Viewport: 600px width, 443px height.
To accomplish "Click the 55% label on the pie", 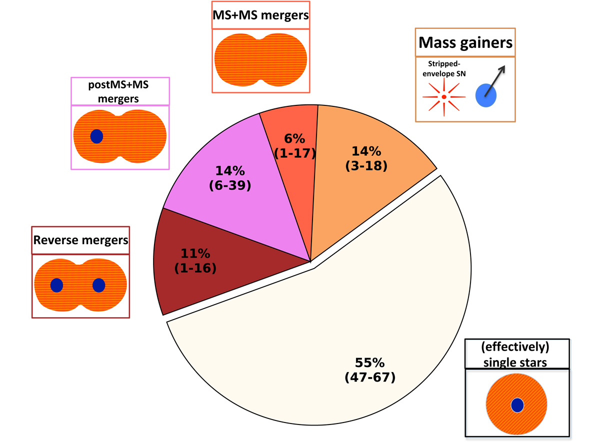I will (x=369, y=363).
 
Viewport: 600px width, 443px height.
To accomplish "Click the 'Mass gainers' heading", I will (x=465, y=43).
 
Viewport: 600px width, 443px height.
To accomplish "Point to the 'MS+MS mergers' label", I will (x=260, y=15).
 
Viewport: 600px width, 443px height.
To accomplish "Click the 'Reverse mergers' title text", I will (x=80, y=240).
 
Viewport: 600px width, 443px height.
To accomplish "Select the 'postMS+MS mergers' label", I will (x=120, y=91).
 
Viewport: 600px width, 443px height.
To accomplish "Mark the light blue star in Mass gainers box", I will (x=485, y=95).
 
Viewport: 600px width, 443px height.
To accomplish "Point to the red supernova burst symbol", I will (x=444, y=96).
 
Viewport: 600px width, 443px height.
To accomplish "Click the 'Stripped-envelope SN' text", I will (x=444, y=70).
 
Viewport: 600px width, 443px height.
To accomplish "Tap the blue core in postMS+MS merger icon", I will (x=96, y=136).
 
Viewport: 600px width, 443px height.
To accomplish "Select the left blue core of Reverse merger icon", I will (x=56, y=285).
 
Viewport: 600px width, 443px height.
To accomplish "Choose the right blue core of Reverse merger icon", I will (x=99, y=285).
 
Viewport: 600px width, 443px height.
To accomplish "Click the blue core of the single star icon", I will (x=517, y=405).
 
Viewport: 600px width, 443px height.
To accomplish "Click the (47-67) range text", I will (x=369, y=377).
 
